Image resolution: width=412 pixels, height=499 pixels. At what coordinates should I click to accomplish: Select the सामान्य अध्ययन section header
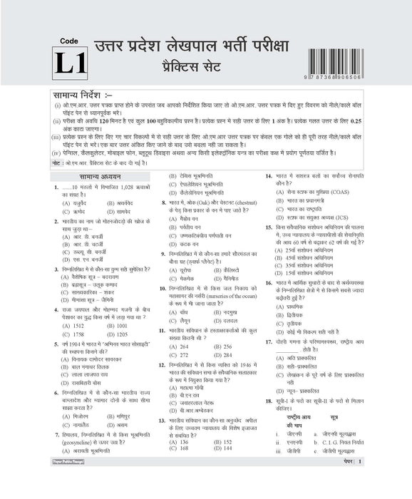click(96, 176)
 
